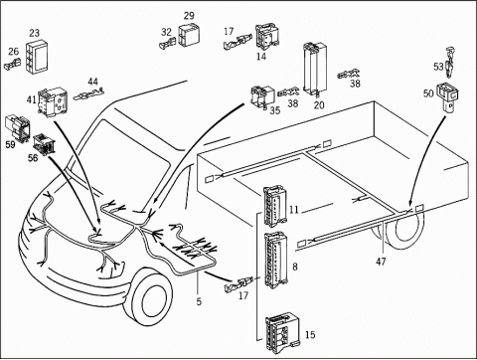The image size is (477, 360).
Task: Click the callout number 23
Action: click(x=34, y=33)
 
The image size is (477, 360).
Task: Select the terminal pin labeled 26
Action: click(x=13, y=64)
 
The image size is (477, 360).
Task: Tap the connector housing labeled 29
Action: click(x=189, y=35)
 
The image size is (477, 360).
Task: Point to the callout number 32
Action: click(x=166, y=32)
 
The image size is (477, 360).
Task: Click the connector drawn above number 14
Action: click(x=267, y=36)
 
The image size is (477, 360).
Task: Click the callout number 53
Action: click(x=438, y=67)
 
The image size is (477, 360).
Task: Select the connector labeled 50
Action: click(x=448, y=96)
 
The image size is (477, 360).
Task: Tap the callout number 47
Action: click(x=381, y=262)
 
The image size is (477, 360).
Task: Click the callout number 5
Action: click(x=199, y=301)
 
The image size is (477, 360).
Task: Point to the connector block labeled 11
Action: click(x=273, y=207)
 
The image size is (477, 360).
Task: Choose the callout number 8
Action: click(x=295, y=267)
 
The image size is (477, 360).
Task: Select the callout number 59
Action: click(x=11, y=145)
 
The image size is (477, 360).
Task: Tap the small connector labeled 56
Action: click(x=45, y=144)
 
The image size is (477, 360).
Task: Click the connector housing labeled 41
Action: click(x=51, y=102)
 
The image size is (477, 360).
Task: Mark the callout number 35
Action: click(x=275, y=110)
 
